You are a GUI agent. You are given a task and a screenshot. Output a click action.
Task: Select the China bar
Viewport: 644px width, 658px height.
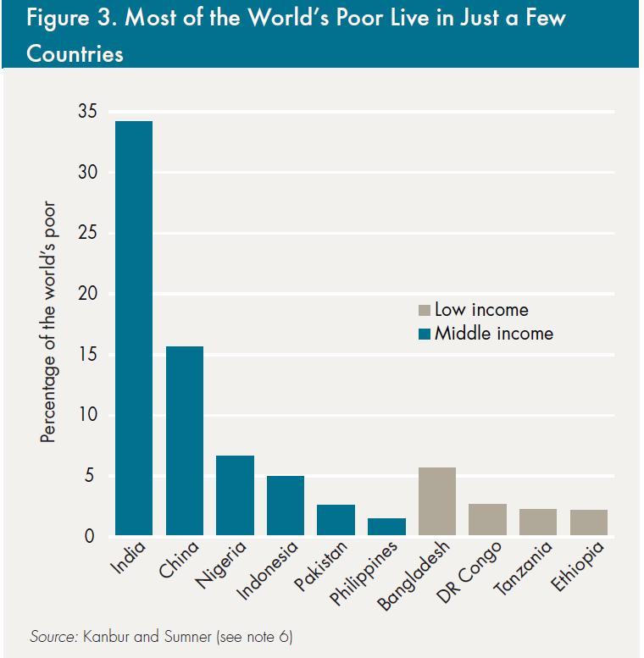[x=184, y=440]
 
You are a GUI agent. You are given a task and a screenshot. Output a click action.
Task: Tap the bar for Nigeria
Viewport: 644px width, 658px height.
[x=235, y=495]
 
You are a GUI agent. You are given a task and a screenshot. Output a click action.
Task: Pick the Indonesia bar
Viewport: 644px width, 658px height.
[x=286, y=506]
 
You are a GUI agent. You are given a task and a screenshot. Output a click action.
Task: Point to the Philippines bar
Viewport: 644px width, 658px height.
[x=386, y=527]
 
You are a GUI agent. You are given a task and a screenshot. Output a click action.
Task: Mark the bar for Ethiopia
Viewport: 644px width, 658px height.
[x=589, y=523]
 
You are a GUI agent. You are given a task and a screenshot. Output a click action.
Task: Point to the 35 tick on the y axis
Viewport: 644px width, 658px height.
[x=87, y=112]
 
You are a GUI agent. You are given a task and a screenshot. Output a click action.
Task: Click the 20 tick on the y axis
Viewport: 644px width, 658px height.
[x=87, y=294]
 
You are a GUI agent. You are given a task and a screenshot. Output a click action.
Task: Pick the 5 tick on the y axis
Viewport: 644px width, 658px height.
[x=92, y=476]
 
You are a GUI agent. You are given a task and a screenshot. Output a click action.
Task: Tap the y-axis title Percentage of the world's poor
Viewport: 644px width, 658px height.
[x=48, y=322]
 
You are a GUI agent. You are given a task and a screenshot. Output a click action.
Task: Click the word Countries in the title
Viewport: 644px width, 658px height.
[x=75, y=54]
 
